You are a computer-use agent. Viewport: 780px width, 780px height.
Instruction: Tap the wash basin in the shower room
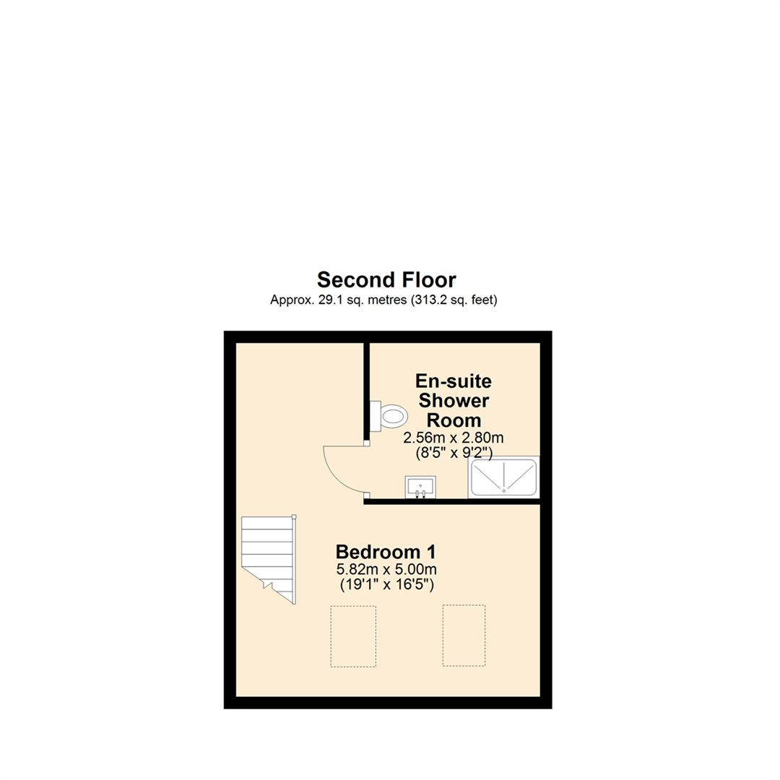tap(420, 486)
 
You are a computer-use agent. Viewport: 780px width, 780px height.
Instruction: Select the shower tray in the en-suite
tap(503, 478)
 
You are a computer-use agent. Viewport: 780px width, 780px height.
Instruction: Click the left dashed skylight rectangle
tap(353, 636)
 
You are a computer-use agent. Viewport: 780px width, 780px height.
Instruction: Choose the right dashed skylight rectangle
tap(464, 636)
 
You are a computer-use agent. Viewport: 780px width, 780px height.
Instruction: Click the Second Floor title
tap(386, 279)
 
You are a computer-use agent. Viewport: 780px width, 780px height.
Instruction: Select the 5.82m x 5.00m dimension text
tap(386, 571)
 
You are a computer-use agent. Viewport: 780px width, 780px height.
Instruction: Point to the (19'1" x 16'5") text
tap(386, 585)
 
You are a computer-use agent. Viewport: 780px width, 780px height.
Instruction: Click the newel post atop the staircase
tap(294, 516)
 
